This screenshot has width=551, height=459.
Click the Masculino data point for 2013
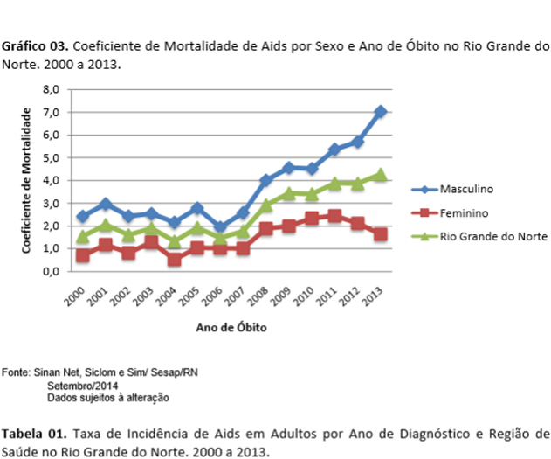pyautogui.click(x=380, y=112)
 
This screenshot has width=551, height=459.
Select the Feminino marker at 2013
pyautogui.click(x=380, y=234)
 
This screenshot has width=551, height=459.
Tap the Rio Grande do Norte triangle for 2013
pyautogui.click(x=380, y=175)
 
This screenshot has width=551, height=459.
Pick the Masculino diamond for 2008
pyautogui.click(x=266, y=180)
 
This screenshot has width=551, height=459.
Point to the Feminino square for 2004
pyautogui.click(x=175, y=260)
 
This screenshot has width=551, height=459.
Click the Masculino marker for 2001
pyautogui.click(x=105, y=204)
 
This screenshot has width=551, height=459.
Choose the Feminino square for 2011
pyautogui.click(x=334, y=215)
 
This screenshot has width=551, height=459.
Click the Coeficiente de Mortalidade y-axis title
pyautogui.click(x=29, y=180)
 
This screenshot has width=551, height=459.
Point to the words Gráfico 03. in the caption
pyautogui.click(x=32, y=45)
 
